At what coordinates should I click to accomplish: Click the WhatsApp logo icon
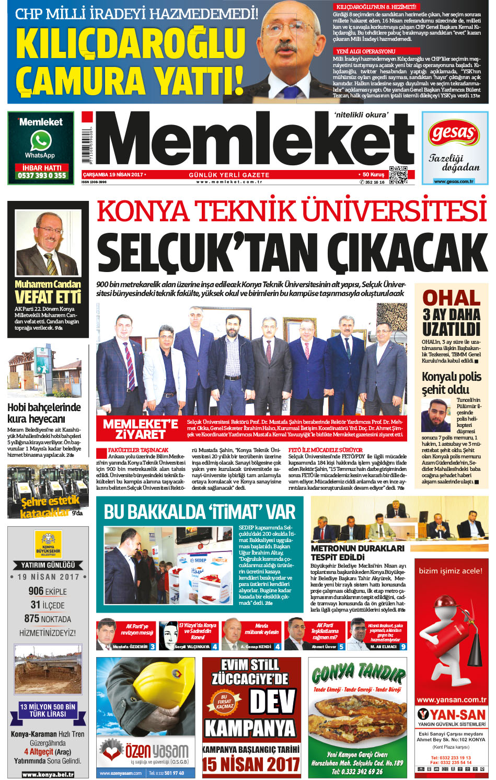[x=40, y=141]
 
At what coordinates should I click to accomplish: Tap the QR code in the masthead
[x=398, y=175]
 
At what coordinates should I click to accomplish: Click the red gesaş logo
[x=454, y=134]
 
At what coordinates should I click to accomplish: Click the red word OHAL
[x=451, y=298]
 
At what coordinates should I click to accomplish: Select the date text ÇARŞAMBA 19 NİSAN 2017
[x=113, y=175]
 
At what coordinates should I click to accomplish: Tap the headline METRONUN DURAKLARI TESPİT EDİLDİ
[x=357, y=552]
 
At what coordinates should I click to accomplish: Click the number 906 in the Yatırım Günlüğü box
[x=36, y=591]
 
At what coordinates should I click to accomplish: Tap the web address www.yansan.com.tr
[x=451, y=699]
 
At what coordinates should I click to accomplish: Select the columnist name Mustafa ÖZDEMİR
[x=130, y=647]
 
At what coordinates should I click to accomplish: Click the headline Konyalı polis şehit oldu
[x=451, y=383]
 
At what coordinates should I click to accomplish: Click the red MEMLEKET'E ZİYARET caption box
[x=140, y=429]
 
